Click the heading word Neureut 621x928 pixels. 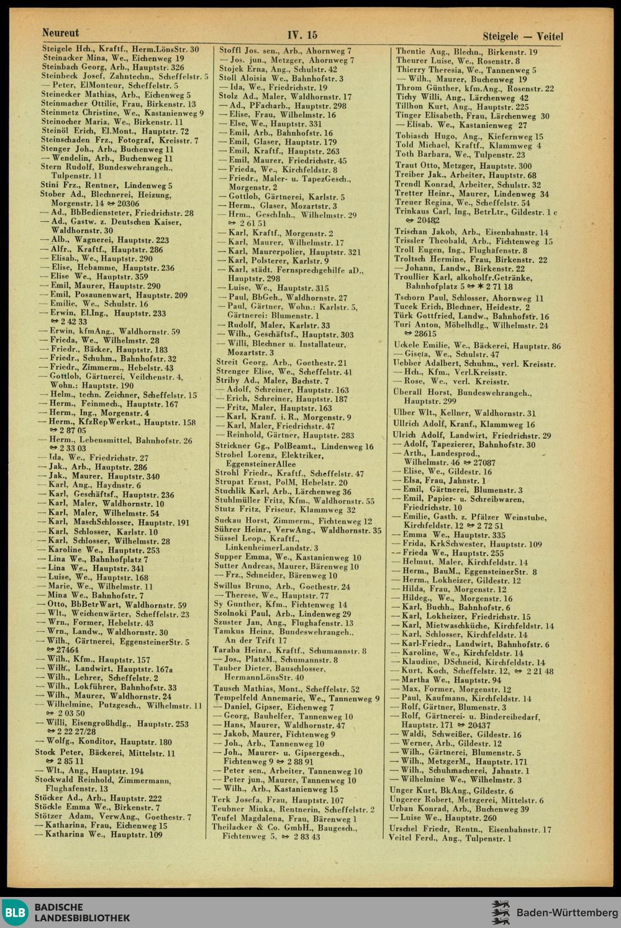pyautogui.click(x=60, y=32)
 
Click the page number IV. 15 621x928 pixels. pyautogui.click(x=302, y=35)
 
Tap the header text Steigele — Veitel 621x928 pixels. pyautogui.click(x=522, y=37)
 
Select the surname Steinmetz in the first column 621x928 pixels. pyautogui.click(x=60, y=113)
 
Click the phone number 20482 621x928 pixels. pyautogui.click(x=428, y=221)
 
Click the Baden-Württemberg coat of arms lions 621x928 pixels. pyautogui.click(x=500, y=912)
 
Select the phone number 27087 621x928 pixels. pyautogui.click(x=484, y=463)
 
